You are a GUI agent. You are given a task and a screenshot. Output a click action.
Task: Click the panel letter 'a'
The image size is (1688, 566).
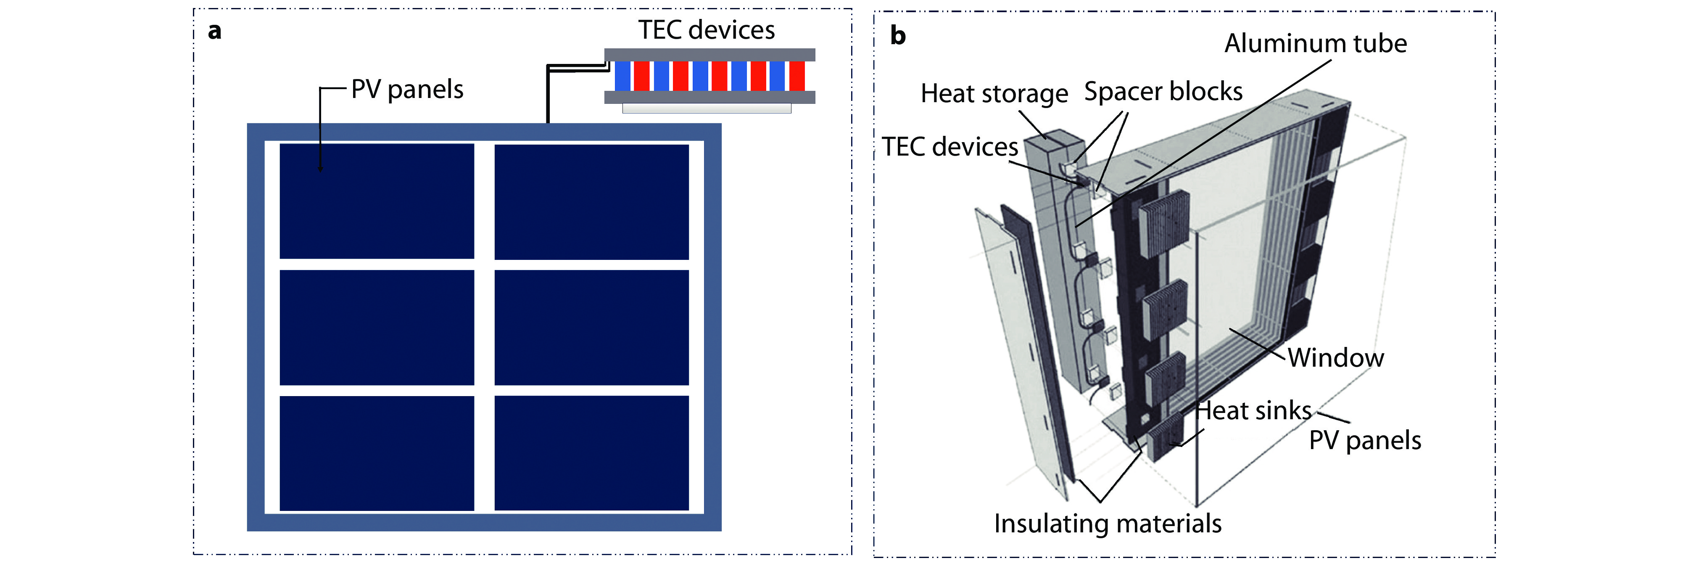(214, 32)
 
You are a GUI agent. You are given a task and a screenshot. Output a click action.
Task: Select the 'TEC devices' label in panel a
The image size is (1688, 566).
(707, 30)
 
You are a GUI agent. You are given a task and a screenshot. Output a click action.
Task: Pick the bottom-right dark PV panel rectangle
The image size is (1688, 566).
(592, 452)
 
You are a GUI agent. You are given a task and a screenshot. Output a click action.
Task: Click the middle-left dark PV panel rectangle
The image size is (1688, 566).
(377, 327)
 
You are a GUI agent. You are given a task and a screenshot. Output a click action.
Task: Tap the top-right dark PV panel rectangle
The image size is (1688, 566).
(592, 201)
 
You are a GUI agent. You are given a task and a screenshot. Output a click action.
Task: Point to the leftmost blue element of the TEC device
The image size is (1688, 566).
(622, 76)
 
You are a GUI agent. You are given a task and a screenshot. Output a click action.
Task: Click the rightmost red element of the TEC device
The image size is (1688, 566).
(797, 76)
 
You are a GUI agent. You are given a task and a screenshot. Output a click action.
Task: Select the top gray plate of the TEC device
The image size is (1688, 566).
(709, 54)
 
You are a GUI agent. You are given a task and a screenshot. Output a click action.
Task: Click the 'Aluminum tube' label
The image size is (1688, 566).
(1315, 43)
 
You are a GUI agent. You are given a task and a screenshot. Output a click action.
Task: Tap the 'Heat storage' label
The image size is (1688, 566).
(994, 94)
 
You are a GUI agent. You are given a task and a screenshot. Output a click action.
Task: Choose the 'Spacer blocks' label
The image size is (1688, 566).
(1163, 91)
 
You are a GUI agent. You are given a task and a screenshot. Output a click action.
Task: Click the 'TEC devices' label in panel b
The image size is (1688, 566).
(949, 147)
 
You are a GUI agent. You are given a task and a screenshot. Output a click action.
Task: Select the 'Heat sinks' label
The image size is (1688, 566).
(1253, 410)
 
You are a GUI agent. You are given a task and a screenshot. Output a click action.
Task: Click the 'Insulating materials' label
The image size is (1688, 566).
(1108, 524)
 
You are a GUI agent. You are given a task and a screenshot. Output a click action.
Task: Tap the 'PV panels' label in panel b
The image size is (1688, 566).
(1365, 440)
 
